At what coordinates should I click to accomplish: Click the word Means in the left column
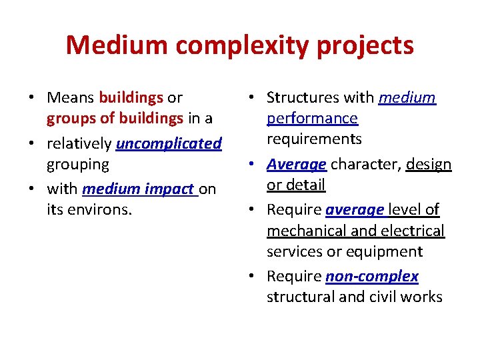point(71,98)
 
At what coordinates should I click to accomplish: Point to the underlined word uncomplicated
point(169,143)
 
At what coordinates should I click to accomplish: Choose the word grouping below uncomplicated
point(77,164)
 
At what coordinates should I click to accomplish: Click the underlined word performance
point(312,119)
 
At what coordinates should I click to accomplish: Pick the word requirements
point(314,139)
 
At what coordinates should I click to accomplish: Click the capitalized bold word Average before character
point(296,164)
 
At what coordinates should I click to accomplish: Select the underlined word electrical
point(413,231)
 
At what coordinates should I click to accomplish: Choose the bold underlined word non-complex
point(372,276)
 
